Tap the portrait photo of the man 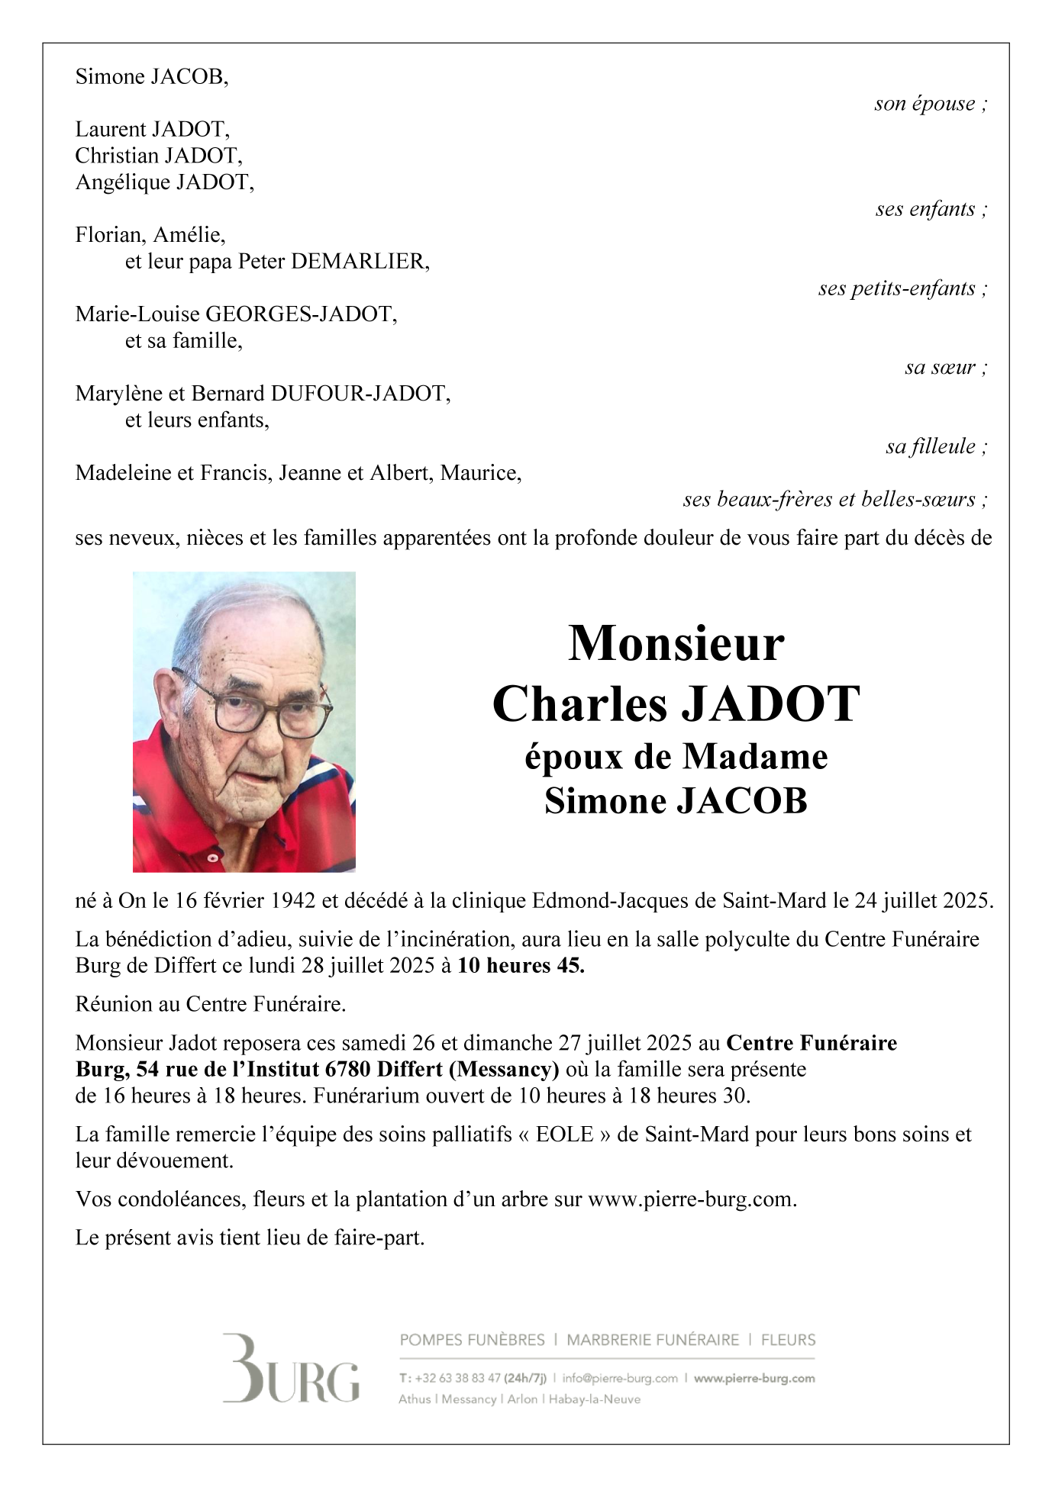point(244,721)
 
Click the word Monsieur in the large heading point(676,643)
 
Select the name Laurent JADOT point(152,129)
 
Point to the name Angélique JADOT point(164,182)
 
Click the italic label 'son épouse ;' point(931,104)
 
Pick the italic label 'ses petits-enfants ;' point(902,288)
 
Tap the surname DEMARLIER point(360,262)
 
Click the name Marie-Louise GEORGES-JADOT point(236,314)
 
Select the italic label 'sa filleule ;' point(937,446)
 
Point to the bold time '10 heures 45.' point(521,966)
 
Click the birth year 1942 point(293,901)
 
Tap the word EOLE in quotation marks point(564,1134)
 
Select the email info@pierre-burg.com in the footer point(620,1379)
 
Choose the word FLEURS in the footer point(788,1340)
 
